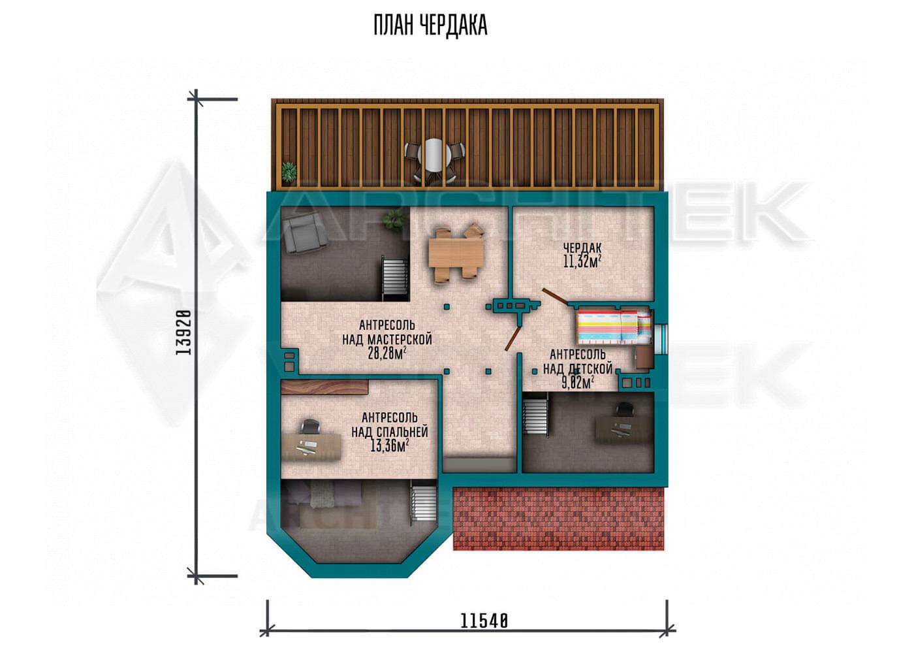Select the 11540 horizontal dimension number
point(484,622)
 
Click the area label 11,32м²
point(582,261)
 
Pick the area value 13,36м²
point(390,445)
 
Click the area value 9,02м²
point(578,383)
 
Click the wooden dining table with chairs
point(456,253)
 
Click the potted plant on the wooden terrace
point(289,171)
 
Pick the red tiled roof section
point(559,519)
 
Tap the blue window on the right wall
point(665,338)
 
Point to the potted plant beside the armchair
point(395,219)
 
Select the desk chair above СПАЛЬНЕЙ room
point(309,427)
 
